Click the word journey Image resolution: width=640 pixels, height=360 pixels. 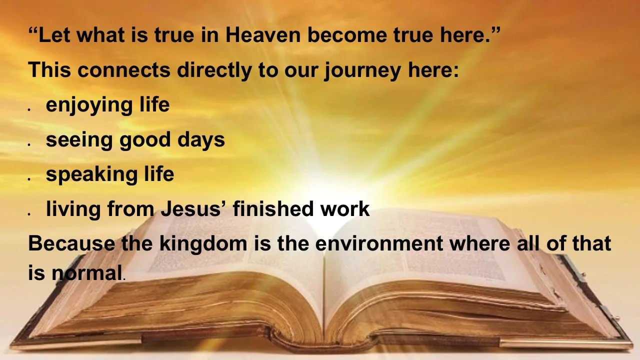(x=361, y=71)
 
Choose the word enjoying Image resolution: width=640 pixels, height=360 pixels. (x=89, y=105)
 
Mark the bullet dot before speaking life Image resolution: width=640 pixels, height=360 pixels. (x=30, y=178)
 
